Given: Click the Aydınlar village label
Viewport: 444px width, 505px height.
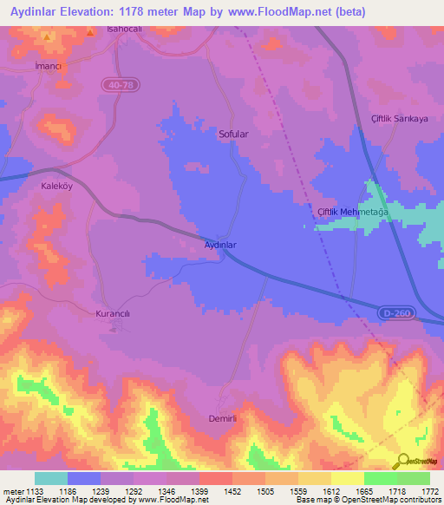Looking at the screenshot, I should [x=219, y=245].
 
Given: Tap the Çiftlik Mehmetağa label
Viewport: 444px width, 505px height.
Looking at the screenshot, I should [x=351, y=213].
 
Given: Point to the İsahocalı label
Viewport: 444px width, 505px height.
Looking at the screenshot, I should [x=123, y=30].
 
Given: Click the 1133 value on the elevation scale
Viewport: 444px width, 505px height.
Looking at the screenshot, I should [x=33, y=491].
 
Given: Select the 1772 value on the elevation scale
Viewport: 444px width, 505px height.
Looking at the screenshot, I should [x=430, y=491].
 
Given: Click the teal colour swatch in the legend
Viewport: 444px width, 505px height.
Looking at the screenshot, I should [x=51, y=478].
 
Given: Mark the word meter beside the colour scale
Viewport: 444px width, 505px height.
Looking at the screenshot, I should [x=12, y=491].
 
